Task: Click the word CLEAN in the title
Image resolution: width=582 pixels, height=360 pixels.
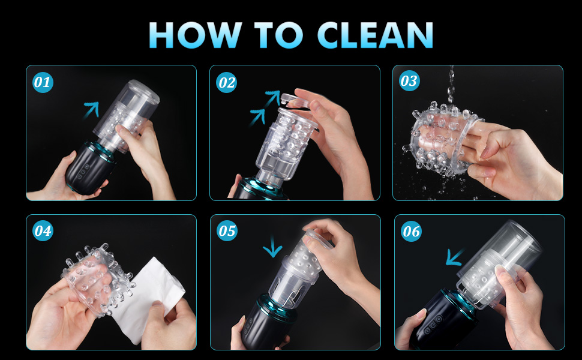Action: coord(375,35)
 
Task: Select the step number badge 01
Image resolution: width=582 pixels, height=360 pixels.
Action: coord(43,82)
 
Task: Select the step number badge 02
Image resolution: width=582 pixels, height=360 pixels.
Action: coord(226,82)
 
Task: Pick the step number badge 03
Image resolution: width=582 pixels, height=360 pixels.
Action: coord(409,80)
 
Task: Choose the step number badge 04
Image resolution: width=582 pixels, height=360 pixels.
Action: coord(43,231)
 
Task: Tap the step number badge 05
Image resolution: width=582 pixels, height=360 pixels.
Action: coord(227,231)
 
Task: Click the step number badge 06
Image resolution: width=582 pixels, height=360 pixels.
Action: coord(411,231)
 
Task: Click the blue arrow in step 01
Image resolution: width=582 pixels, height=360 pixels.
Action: coord(91,109)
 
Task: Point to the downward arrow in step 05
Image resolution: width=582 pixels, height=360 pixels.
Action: coord(273,247)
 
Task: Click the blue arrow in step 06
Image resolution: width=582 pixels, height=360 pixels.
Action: coord(454,257)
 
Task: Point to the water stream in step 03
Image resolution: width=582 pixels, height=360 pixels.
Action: coord(451,85)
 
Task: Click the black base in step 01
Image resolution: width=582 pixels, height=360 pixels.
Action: coord(86,168)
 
